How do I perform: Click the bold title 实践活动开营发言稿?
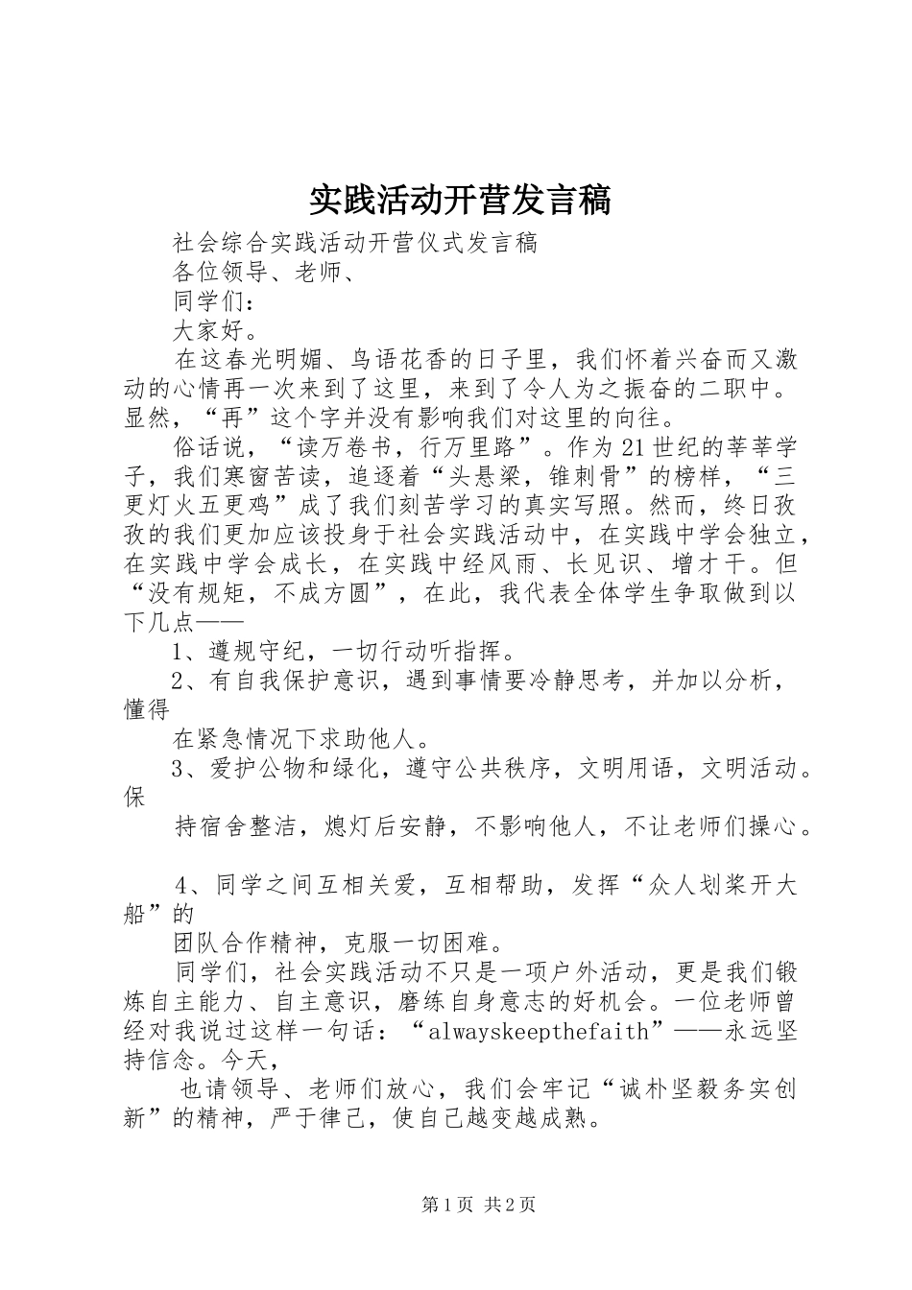coord(460,201)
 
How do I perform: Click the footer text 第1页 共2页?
coord(455,1205)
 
